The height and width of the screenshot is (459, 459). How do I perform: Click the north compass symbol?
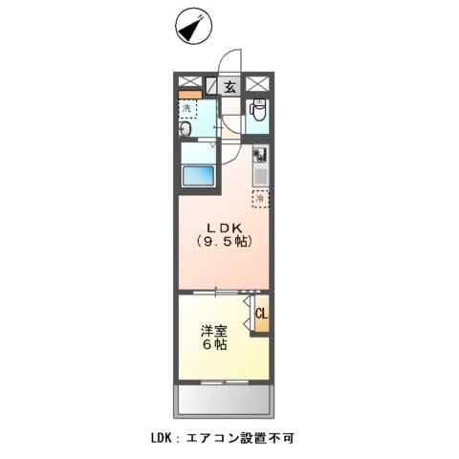(x=191, y=29)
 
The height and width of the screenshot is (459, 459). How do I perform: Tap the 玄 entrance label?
(x=230, y=87)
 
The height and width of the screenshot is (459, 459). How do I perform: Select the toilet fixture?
(x=255, y=113)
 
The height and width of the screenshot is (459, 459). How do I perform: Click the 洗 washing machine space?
(x=187, y=109)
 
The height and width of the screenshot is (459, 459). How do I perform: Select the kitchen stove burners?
(x=258, y=156)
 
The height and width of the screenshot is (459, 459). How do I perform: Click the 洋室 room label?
(x=212, y=332)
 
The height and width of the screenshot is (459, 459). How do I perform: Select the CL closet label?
(x=260, y=313)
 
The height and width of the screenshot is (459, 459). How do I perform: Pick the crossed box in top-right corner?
(x=258, y=83)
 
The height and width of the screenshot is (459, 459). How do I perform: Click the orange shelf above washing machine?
(x=190, y=95)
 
